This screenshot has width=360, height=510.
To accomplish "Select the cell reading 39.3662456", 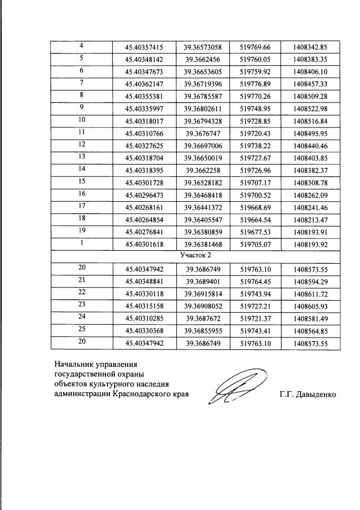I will [x=202, y=59].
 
